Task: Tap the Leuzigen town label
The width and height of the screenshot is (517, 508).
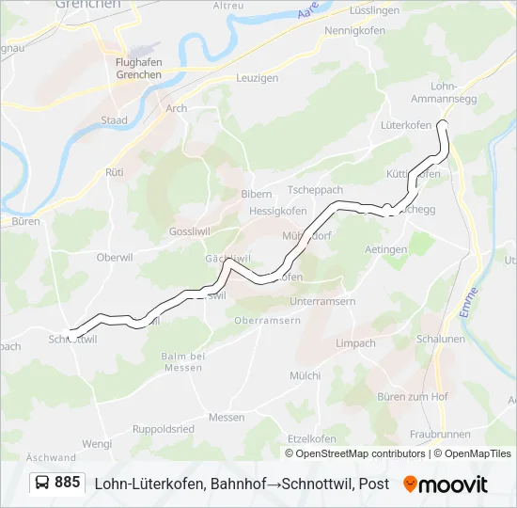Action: pos(257,78)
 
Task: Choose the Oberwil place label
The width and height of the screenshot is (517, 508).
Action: pos(117,257)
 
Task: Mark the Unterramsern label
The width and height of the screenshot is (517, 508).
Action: pos(296,301)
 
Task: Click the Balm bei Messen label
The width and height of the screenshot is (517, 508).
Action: pos(182,361)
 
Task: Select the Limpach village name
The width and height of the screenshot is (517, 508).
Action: pos(355,343)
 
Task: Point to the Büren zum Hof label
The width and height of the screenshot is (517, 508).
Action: pos(412,397)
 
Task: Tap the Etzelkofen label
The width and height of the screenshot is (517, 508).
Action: pos(311,437)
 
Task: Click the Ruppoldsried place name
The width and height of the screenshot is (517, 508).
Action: pos(164,428)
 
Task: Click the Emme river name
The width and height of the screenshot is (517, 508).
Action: pos(471,303)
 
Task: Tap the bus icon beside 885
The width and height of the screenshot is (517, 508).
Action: pos(43,484)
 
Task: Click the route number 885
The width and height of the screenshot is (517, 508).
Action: pos(68,483)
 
